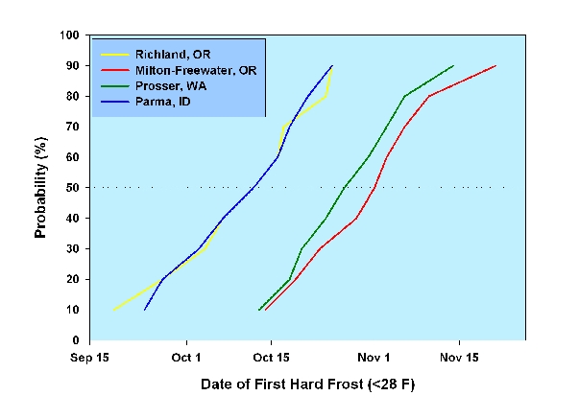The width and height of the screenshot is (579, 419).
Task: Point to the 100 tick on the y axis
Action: coord(70,35)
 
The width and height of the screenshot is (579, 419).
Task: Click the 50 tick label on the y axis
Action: coord(73,188)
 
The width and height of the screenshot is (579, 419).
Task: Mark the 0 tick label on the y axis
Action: coord(77,340)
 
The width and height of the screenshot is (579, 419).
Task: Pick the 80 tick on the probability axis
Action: coord(73,96)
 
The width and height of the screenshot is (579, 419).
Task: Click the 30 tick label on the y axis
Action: coord(73,248)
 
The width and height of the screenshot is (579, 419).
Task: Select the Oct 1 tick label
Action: coord(185,357)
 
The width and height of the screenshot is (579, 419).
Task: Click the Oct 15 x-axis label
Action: coord(271,357)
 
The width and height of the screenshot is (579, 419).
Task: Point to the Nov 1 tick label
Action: coord(374,357)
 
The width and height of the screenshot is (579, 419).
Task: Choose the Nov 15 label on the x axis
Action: coord(459,357)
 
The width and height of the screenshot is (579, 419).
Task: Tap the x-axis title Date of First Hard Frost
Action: coord(307,384)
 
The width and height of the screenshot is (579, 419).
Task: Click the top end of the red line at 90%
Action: coord(495,66)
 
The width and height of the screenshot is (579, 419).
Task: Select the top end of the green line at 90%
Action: coord(453,66)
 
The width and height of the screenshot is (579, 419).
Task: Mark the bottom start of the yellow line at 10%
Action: coord(114,310)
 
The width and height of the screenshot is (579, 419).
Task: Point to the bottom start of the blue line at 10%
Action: coord(144,310)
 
